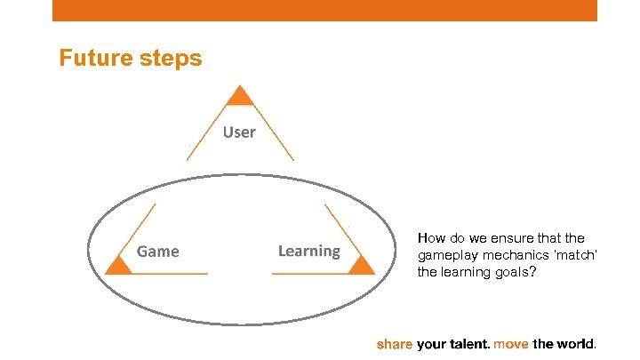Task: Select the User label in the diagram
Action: point(239,132)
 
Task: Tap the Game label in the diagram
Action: point(158,252)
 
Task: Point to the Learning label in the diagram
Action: point(308,251)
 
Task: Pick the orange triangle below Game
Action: point(118,264)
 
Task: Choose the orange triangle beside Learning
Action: point(360,264)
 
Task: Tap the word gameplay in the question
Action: point(446,255)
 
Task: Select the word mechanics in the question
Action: point(509,255)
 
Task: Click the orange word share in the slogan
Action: point(395,343)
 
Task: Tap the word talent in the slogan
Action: point(468,343)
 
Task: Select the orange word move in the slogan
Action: point(511,343)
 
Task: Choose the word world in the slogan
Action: point(577,343)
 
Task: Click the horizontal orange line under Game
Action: point(169,274)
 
